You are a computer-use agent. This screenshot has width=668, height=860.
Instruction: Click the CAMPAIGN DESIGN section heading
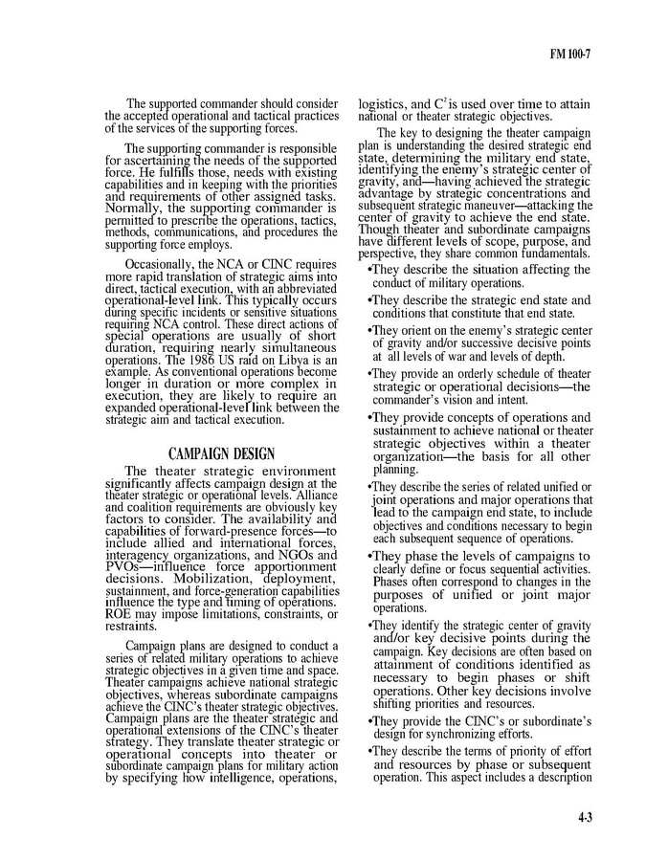pyautogui.click(x=221, y=453)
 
